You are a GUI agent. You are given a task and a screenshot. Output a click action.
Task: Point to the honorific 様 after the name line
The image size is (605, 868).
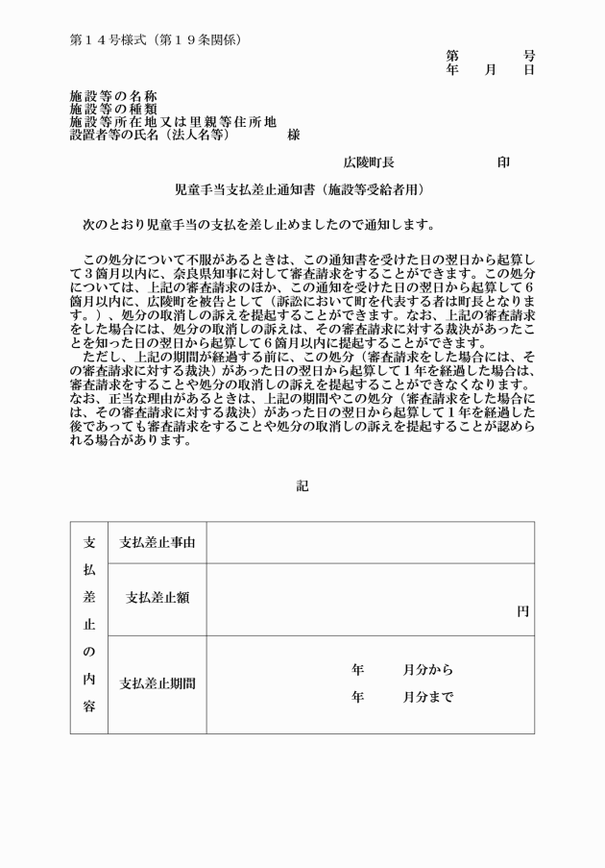click(293, 136)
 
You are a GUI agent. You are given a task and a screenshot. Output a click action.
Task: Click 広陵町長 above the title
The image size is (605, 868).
click(369, 163)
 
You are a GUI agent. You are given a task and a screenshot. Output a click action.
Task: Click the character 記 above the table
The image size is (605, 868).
click(302, 486)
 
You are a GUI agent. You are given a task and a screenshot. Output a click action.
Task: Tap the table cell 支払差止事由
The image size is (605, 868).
click(157, 543)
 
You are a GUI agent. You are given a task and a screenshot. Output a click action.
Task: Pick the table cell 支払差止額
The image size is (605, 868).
click(157, 597)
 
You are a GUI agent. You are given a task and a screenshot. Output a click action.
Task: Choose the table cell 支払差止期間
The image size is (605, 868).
click(157, 684)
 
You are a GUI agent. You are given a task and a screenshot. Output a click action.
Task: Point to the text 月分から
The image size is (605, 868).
click(427, 670)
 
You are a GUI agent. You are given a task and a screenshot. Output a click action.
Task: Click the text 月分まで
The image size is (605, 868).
click(427, 697)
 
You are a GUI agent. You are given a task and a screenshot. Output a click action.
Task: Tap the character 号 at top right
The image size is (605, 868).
click(528, 57)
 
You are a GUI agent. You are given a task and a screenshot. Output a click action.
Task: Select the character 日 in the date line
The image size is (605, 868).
click(528, 70)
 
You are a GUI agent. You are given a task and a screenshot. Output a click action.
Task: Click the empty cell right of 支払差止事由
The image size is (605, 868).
click(370, 543)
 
